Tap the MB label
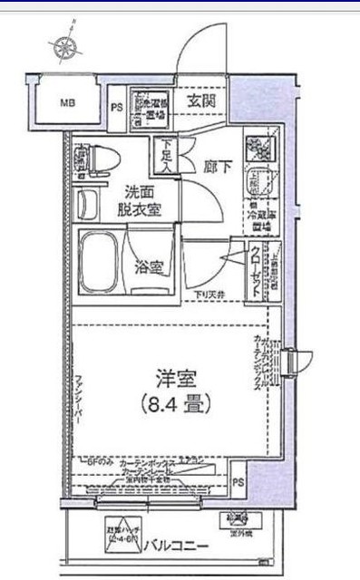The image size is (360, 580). (x=69, y=101)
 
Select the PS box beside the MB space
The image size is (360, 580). (x=116, y=106)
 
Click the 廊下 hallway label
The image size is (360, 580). (x=219, y=165)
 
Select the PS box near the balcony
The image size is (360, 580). (x=238, y=483)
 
